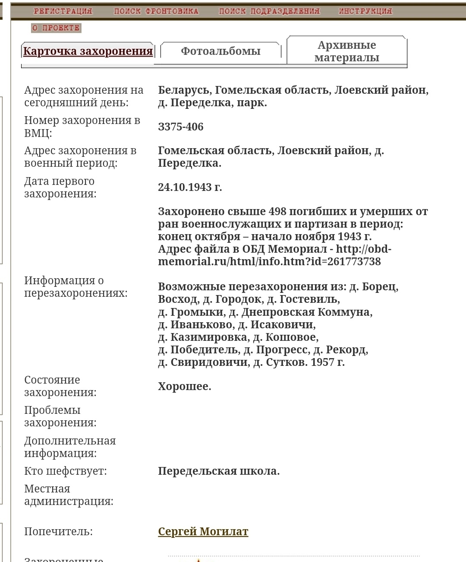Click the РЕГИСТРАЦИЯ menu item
[63, 11]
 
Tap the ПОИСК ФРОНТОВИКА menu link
[156, 11]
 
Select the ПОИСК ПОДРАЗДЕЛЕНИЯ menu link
[269, 11]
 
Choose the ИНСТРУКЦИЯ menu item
[365, 11]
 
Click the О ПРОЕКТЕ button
[56, 28]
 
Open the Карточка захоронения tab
[88, 51]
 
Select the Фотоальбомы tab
[220, 51]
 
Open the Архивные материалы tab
[346, 51]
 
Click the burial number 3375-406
[180, 127]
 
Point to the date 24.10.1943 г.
[190, 187]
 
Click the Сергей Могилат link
[203, 532]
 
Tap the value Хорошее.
[184, 387]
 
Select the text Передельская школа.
[218, 471]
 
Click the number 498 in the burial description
[277, 212]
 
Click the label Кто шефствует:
[65, 471]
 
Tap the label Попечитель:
[58, 532]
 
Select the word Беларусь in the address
[184, 90]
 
